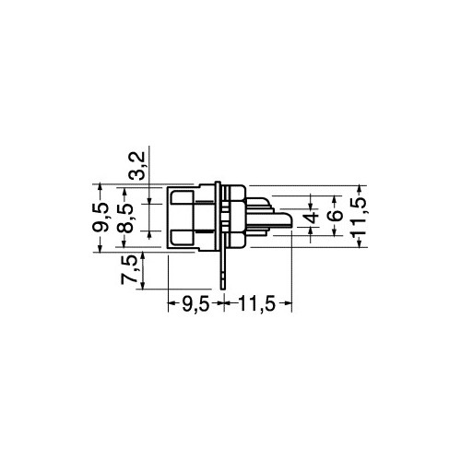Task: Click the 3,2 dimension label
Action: click(137, 166)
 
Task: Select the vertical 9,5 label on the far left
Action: click(100, 217)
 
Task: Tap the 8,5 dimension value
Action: click(125, 218)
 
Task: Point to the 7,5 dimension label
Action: click(128, 270)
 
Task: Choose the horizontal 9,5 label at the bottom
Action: click(195, 304)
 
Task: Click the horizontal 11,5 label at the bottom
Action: click(257, 304)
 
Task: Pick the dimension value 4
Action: click(311, 216)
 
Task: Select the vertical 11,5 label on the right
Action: click(359, 217)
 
